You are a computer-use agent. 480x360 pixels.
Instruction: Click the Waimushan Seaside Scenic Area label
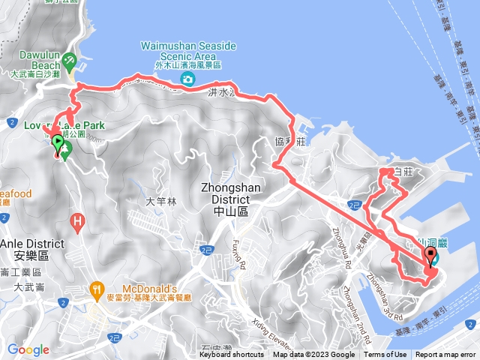point(187,51)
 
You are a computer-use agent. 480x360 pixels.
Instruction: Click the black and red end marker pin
point(430,259)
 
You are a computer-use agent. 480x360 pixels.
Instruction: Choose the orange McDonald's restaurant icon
point(97,289)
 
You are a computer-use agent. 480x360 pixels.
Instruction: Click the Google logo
point(28,349)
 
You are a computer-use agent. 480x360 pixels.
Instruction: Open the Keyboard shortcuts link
point(231,355)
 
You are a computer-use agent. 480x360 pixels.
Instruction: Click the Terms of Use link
point(385,355)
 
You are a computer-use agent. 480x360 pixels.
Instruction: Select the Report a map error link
point(445,355)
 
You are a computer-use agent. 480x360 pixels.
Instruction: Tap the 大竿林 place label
point(160,201)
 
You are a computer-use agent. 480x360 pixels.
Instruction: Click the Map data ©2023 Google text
point(313,355)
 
